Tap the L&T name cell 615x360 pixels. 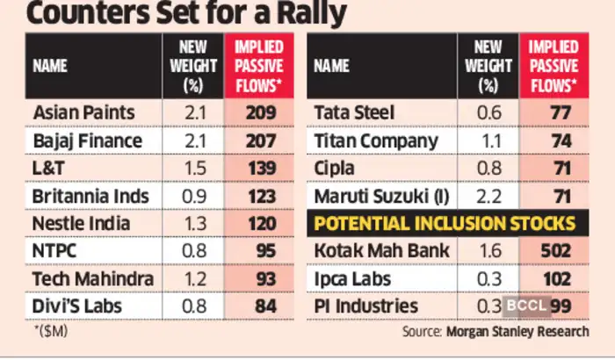(49, 168)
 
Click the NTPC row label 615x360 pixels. (54, 251)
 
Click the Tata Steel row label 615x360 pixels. (354, 112)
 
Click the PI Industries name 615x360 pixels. (365, 306)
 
